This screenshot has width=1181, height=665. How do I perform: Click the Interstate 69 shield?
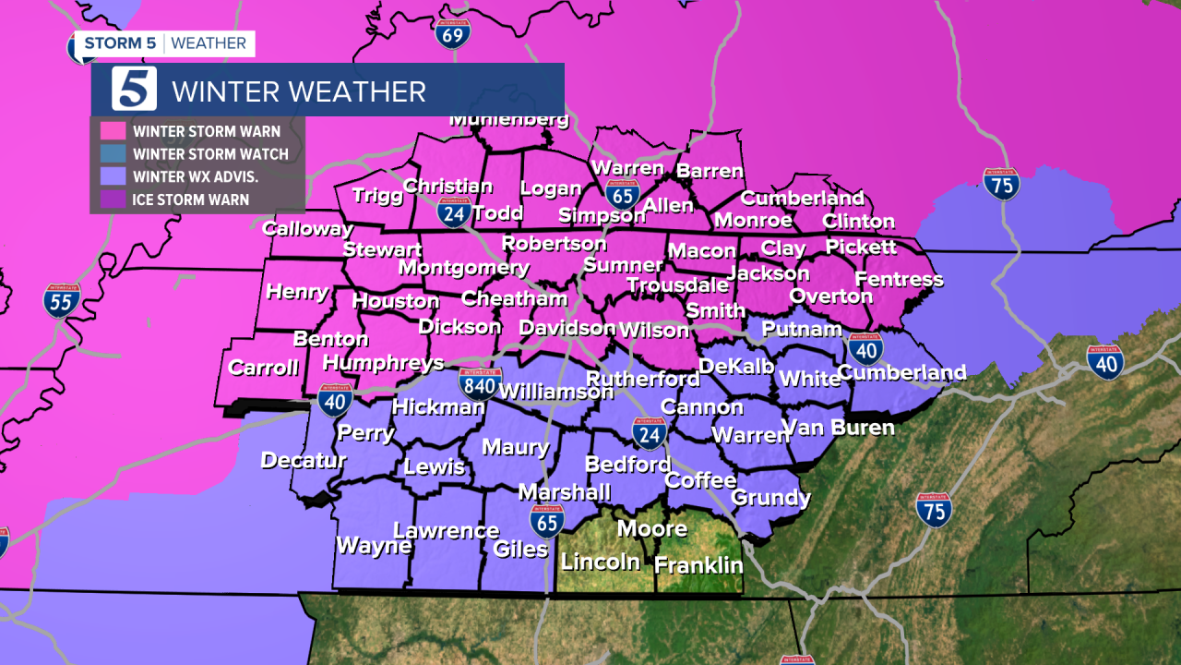click(x=453, y=33)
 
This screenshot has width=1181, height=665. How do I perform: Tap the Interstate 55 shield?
click(x=62, y=300)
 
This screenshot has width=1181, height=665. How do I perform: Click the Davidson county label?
click(x=567, y=328)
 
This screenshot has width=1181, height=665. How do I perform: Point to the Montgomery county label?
click(x=464, y=268)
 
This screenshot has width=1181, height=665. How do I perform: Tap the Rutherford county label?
click(x=642, y=379)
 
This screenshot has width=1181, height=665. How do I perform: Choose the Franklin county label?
click(x=698, y=565)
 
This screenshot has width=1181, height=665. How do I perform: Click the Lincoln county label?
click(x=600, y=562)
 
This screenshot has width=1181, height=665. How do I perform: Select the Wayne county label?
click(x=373, y=546)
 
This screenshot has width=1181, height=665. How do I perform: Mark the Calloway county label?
click(x=307, y=228)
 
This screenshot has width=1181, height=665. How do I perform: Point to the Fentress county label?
click(x=899, y=279)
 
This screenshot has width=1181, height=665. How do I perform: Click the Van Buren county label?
click(x=838, y=428)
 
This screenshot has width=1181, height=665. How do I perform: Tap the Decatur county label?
click(x=304, y=460)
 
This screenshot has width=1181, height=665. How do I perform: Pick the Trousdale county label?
click(x=678, y=285)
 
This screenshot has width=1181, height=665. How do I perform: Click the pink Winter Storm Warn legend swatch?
click(x=113, y=131)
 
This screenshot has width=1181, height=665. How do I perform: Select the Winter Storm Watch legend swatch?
click(x=113, y=154)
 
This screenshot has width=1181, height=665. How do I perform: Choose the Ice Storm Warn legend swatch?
click(x=113, y=199)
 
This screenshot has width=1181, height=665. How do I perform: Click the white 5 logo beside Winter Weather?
click(x=135, y=90)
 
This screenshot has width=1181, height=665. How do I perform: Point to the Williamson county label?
click(x=555, y=392)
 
